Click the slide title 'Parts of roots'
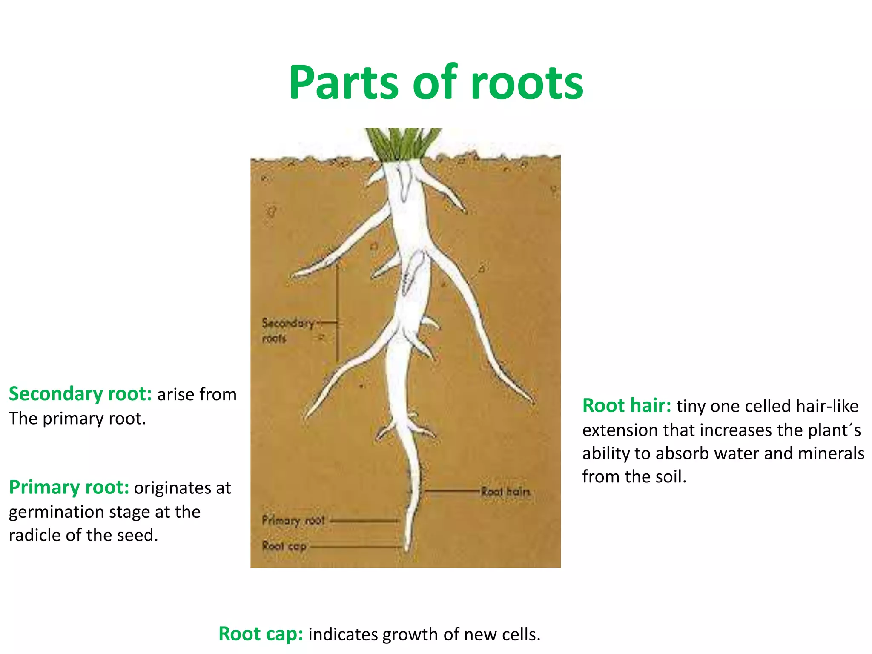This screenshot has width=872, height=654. [436, 83]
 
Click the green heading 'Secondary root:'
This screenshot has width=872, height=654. [80, 394]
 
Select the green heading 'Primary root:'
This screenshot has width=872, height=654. [69, 488]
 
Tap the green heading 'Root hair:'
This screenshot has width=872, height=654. [627, 406]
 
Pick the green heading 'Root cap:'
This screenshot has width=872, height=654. [261, 634]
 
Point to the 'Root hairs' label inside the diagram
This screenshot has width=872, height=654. [505, 492]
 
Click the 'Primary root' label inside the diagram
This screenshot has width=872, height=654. [293, 520]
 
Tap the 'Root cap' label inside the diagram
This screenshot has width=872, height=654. [284, 546]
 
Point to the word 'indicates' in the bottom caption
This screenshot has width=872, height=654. [343, 634]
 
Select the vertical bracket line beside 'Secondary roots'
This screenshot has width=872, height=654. [338, 313]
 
